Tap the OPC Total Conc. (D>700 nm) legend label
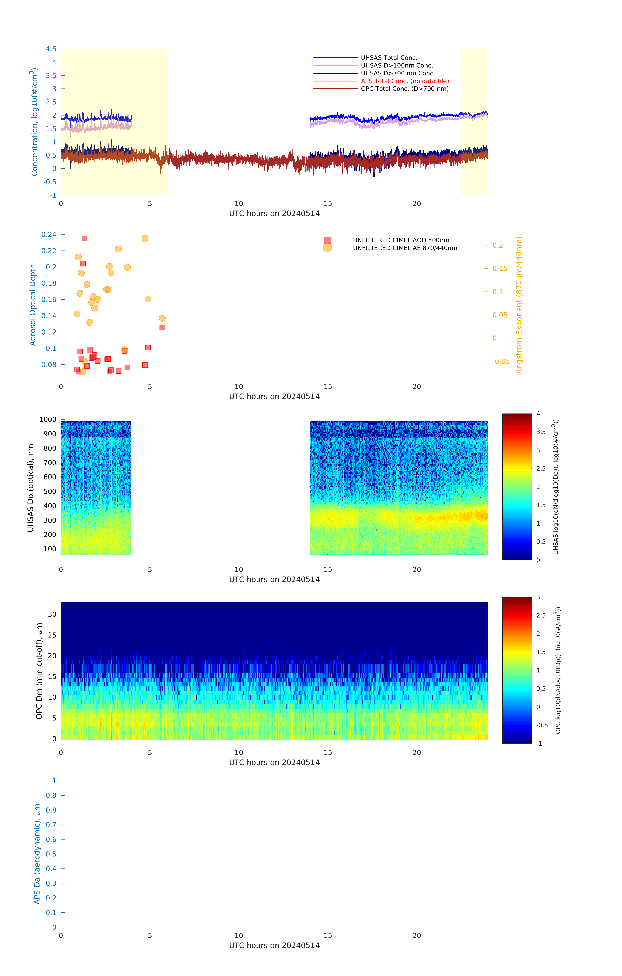pos(404,89)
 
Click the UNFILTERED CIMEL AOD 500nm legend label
pos(401,240)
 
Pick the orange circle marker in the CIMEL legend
pos(327,248)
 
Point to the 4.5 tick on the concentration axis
pos(51,49)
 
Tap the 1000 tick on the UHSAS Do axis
pos(48,420)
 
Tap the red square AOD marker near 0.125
pos(162,327)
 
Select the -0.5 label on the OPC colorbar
pos(542,725)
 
